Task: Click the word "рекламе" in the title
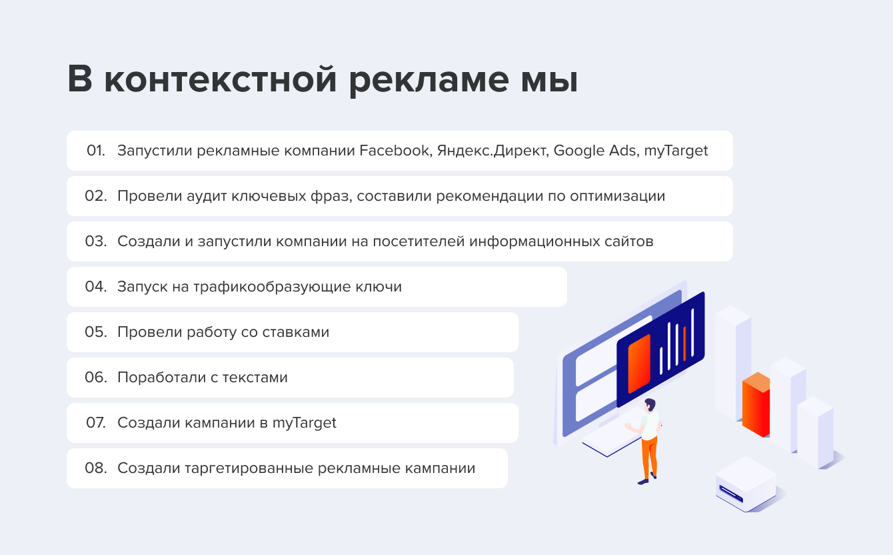(x=429, y=81)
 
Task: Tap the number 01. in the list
(x=96, y=151)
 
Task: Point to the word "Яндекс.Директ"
(x=492, y=151)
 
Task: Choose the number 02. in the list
(x=96, y=196)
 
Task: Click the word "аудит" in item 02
(x=207, y=196)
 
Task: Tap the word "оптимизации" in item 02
(x=617, y=196)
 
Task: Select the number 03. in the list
(x=96, y=241)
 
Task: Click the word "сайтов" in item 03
(x=628, y=241)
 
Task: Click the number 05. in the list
(x=96, y=332)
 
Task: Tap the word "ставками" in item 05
(x=296, y=332)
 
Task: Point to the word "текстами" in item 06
(x=255, y=378)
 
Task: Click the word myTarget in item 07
(x=304, y=423)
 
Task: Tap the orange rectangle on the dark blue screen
(x=639, y=364)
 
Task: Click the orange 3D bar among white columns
(x=756, y=405)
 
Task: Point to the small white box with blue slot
(x=746, y=484)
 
